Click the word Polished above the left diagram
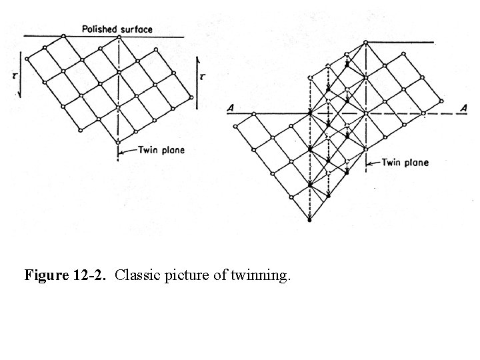99,29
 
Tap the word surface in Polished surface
135,29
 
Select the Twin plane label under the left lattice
161,150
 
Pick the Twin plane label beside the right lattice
405,162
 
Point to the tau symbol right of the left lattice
203,77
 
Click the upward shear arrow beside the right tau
197,77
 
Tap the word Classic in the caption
135,275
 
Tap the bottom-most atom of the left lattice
118,142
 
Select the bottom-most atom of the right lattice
309,219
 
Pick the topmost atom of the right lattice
365,42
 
